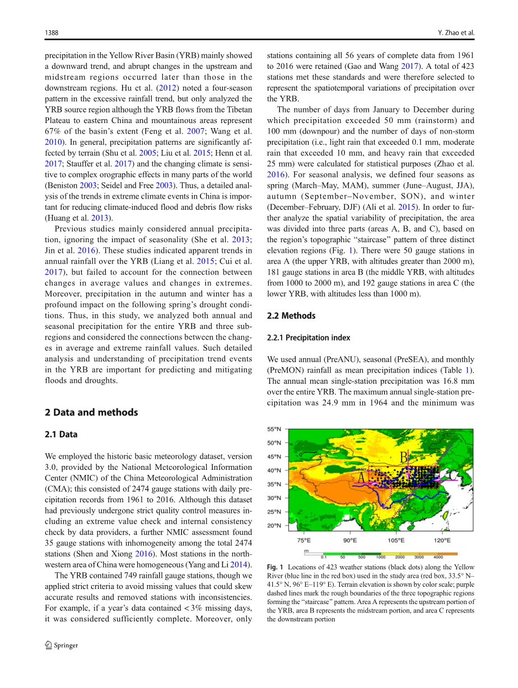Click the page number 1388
point(52,33)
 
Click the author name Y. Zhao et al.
point(456,33)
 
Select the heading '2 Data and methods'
point(91,412)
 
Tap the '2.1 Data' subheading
point(61,435)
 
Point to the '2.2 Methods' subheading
point(291,316)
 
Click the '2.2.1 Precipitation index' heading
point(309,338)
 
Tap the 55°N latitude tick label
point(274,430)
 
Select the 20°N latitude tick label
point(274,526)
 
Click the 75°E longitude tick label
point(303,540)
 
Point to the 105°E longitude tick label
point(395,540)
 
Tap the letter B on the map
point(403,458)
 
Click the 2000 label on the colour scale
point(400,557)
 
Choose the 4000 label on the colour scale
point(438,557)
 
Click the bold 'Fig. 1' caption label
point(275,567)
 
